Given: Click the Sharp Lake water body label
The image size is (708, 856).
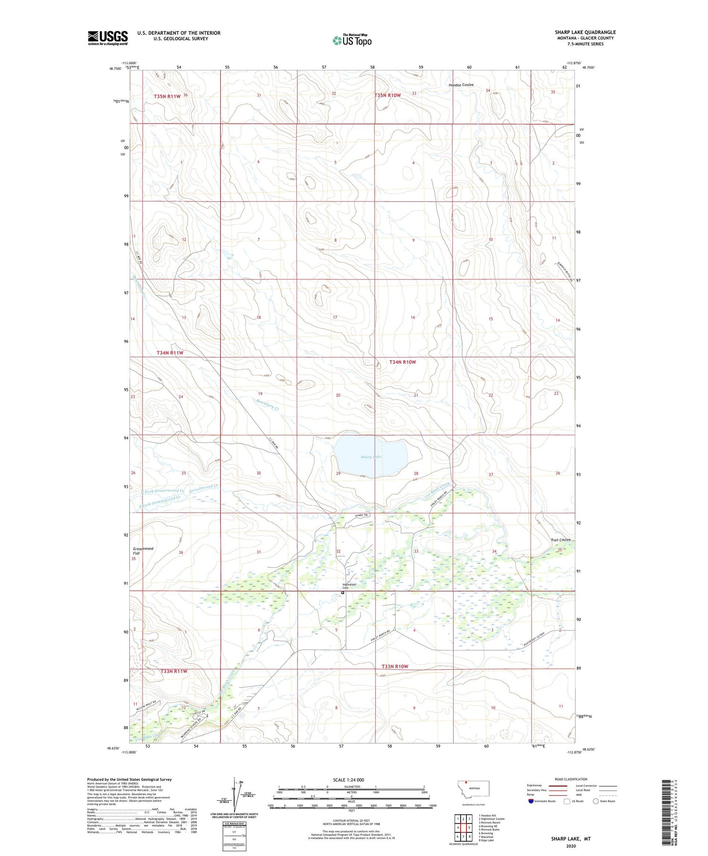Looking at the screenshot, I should tap(371, 457).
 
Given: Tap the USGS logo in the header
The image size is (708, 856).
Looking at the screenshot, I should tap(108, 38).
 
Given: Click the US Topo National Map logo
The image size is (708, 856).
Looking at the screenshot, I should tap(352, 41).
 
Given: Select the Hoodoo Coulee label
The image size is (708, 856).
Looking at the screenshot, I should tap(461, 85).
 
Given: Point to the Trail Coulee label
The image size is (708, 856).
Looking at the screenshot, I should tap(560, 540).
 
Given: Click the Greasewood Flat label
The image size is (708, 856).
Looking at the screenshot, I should tap(143, 551).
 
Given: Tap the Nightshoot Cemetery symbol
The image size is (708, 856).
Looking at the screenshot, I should tap(343, 592).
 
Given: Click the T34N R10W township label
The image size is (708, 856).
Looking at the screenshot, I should tap(403, 362).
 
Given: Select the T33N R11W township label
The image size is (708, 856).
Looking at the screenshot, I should tap(174, 671).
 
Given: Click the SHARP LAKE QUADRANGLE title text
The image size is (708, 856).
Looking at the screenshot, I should tap(585, 32).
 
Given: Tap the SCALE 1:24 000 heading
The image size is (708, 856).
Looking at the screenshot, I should tap(348, 780).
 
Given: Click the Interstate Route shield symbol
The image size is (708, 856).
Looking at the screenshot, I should tap(531, 801).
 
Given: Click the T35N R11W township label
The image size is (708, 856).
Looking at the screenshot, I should tap(167, 96).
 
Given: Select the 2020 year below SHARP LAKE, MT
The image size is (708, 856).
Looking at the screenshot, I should tap(571, 846).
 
